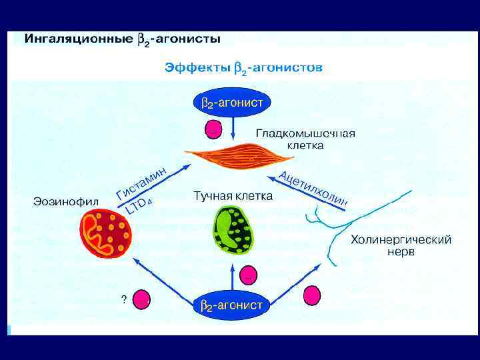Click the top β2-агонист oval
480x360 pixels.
[231, 103]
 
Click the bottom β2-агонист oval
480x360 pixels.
[231, 306]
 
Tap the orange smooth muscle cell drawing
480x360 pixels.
[240, 156]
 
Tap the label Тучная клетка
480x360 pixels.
[233, 196]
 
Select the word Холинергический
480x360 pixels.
[401, 239]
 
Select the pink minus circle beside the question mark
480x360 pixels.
[142, 299]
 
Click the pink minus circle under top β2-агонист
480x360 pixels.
[213, 129]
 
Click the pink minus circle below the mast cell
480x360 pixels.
[248, 273]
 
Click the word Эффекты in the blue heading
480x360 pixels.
[196, 67]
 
